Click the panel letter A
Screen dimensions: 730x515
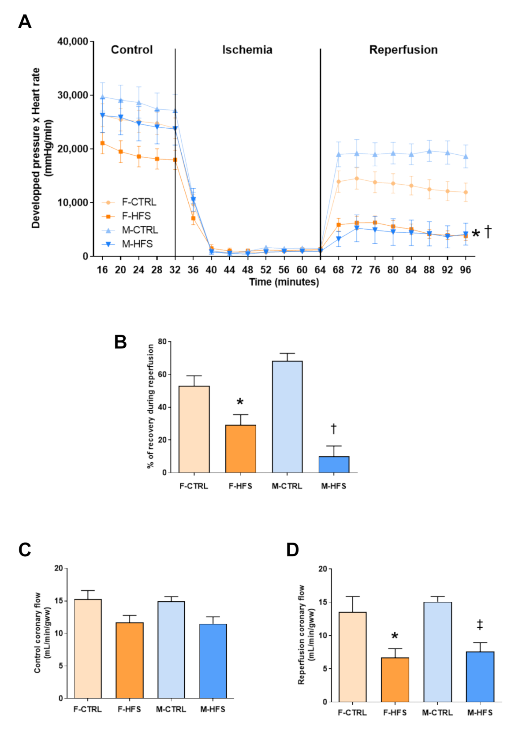25,22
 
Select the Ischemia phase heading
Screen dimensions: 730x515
247,50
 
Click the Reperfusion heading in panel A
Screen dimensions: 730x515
403,50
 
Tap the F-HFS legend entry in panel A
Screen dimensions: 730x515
136,216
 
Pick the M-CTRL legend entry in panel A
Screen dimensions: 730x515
139,230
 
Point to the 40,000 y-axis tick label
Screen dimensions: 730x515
73,41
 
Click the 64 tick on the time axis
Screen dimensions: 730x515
320,270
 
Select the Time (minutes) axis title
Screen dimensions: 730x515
284,282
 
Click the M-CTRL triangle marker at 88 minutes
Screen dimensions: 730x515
429,151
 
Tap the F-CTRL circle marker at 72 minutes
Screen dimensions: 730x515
357,179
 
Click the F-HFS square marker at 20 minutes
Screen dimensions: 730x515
120,152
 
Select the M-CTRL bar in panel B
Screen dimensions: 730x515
287,417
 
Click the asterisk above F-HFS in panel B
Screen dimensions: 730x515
240,402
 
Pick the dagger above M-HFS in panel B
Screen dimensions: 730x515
334,428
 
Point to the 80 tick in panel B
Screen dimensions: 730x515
162,342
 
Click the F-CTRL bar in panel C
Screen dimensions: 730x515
88,648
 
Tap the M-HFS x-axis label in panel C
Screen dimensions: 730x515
213,709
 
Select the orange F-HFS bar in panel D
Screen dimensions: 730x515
395,679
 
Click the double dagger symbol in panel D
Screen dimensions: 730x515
480,625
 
